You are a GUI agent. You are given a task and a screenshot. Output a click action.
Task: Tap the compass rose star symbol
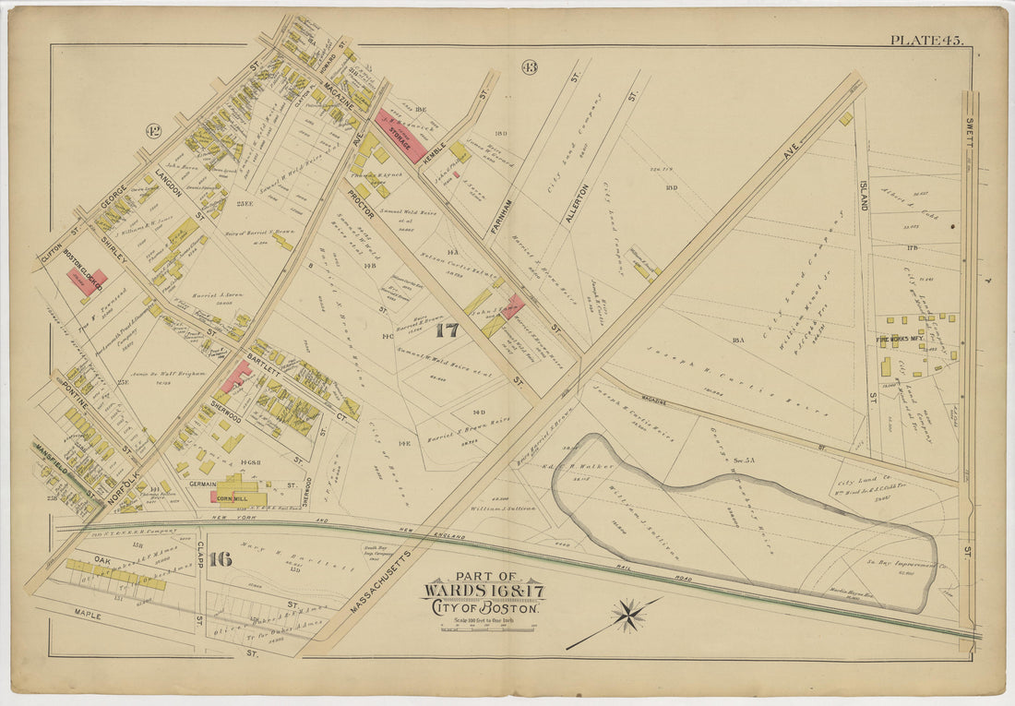pyautogui.click(x=628, y=616)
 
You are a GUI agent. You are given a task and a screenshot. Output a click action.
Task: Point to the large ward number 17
pyautogui.click(x=447, y=329)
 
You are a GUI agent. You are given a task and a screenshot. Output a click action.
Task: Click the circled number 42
pyautogui.click(x=153, y=130)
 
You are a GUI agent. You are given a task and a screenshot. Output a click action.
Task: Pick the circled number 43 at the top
pyautogui.click(x=529, y=66)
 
